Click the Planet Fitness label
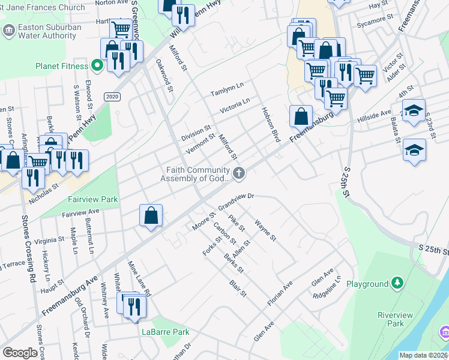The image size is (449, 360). [61, 65]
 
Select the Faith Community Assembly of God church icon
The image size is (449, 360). [239, 174]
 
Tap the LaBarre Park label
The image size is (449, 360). [165, 332]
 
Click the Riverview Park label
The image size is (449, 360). [391, 319]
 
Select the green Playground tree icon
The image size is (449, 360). [396, 282]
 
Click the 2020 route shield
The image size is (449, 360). [112, 96]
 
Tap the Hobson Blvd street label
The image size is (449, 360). [271, 124]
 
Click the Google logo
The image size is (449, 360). [20, 352]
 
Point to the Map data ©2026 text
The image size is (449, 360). [423, 355]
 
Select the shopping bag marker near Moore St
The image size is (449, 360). [151, 215]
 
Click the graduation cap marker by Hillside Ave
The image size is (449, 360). [414, 111]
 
